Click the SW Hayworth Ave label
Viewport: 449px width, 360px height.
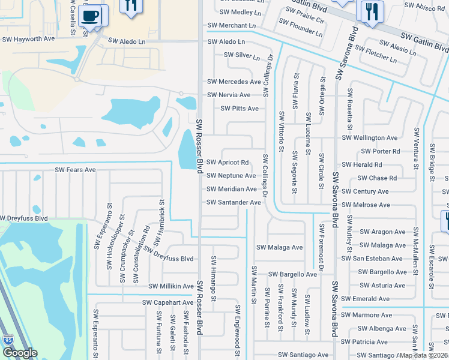29,38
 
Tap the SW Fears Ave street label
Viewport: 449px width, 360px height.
75,170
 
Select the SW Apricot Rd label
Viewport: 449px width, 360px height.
228,163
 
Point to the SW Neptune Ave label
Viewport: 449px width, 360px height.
231,176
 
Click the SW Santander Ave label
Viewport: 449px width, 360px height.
234,202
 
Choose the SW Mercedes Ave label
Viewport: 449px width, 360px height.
234,82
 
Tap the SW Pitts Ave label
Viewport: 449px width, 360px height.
240,109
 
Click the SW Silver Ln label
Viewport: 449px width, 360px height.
242,55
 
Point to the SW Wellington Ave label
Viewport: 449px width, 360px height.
370,138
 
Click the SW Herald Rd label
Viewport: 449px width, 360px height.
361,165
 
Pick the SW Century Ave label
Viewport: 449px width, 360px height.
365,191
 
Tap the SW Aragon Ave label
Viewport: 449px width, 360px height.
382,232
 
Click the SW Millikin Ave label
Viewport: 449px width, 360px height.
166,286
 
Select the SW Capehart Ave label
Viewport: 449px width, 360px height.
167,302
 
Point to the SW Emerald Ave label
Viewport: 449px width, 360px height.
365,299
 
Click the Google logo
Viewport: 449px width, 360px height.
20,353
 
